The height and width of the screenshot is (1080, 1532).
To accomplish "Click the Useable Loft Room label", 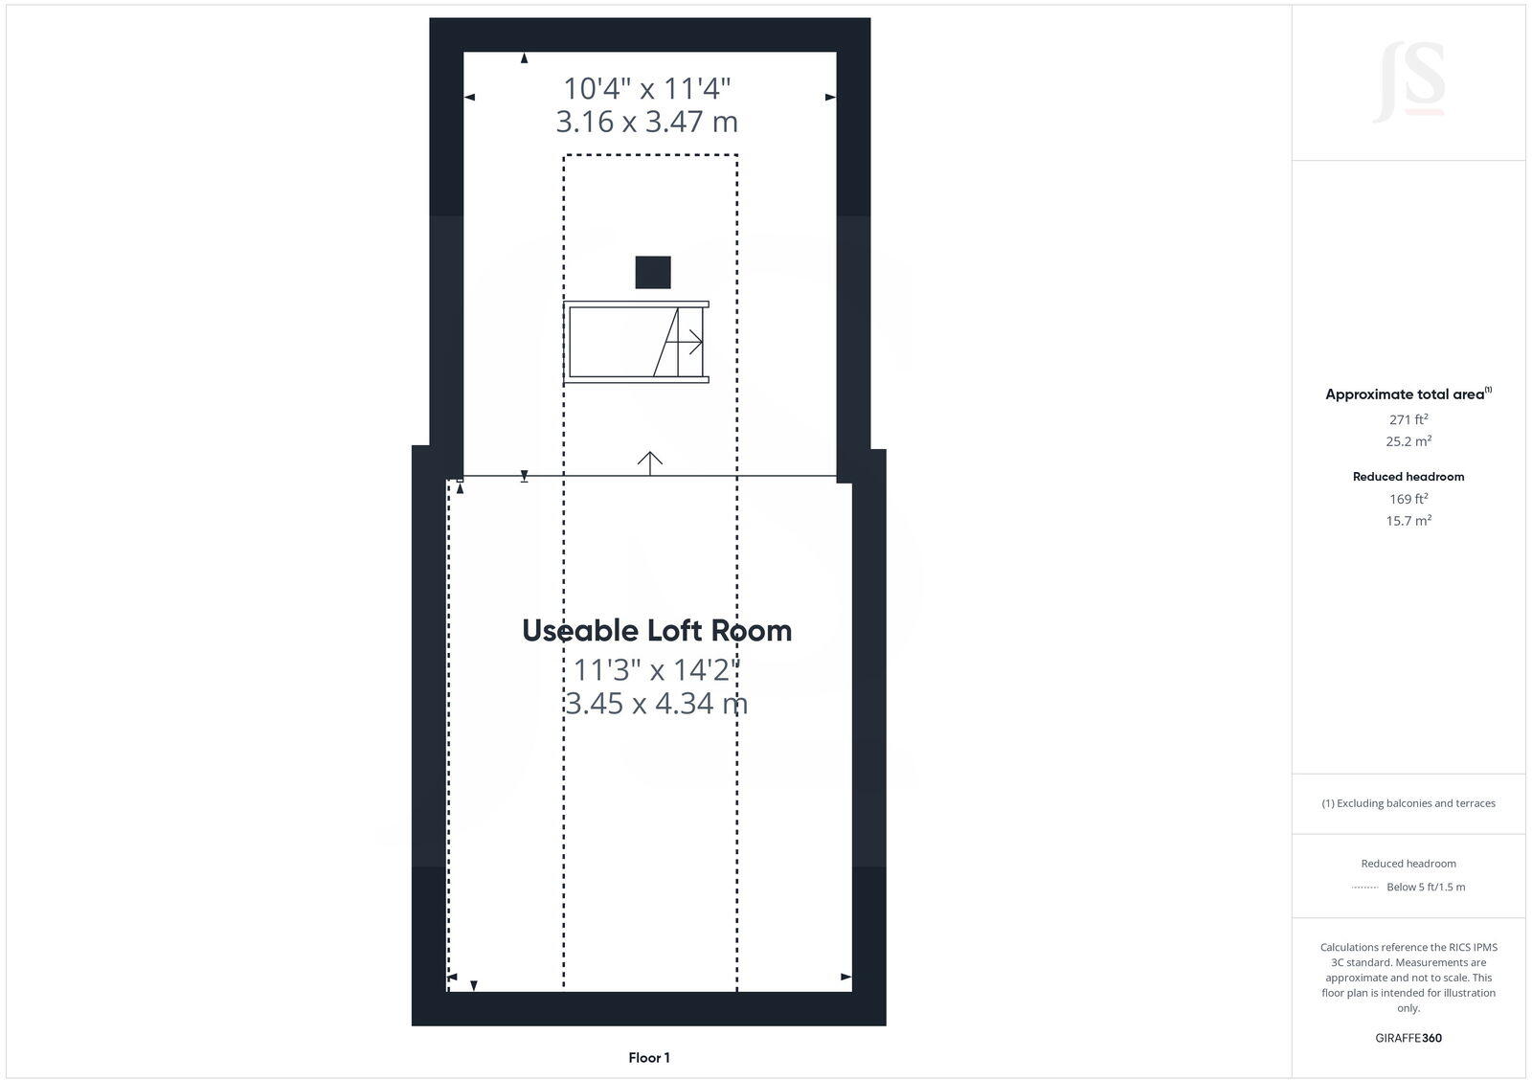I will (657, 631).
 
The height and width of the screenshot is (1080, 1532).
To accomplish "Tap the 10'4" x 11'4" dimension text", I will (647, 89).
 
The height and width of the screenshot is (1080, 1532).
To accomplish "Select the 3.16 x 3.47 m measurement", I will (647, 122).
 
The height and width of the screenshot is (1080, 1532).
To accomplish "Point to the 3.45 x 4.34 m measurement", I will (657, 704).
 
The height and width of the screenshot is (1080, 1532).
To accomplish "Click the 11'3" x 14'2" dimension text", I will (657, 669).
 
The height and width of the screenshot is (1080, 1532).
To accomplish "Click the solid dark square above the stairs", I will (653, 272).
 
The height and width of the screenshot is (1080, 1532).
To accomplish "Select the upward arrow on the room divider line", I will (650, 462).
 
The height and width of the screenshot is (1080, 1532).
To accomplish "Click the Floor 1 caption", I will (649, 1058).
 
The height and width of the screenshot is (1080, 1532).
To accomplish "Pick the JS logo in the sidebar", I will (1408, 82).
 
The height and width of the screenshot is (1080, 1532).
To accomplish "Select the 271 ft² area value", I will (1408, 419).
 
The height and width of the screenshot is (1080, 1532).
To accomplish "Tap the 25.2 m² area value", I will (1408, 441).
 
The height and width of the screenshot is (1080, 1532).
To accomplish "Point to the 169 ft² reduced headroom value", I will (1408, 499).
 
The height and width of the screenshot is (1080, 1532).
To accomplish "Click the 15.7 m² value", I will (1408, 521).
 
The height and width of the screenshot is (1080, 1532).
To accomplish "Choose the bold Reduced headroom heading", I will (1408, 477).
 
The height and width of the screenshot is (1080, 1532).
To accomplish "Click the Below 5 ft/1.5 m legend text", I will (1426, 888).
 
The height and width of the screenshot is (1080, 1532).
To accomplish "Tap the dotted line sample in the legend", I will (1364, 888).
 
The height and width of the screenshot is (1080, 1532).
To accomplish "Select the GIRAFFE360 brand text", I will (1408, 1038).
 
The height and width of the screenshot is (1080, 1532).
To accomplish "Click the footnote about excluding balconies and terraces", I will (1408, 803).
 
